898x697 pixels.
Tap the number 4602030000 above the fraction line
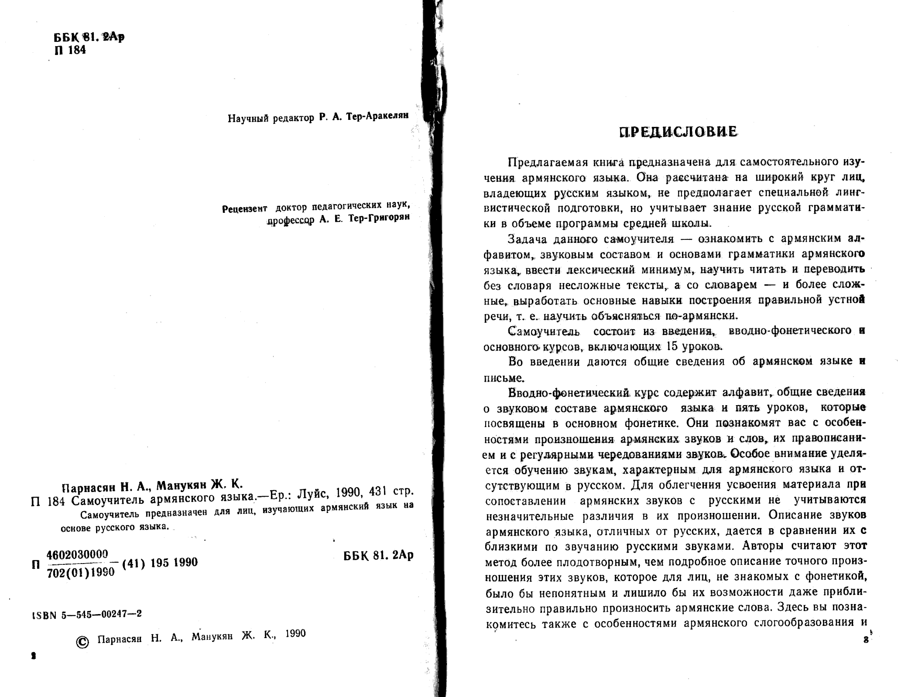77,555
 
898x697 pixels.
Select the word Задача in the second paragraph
528,239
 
